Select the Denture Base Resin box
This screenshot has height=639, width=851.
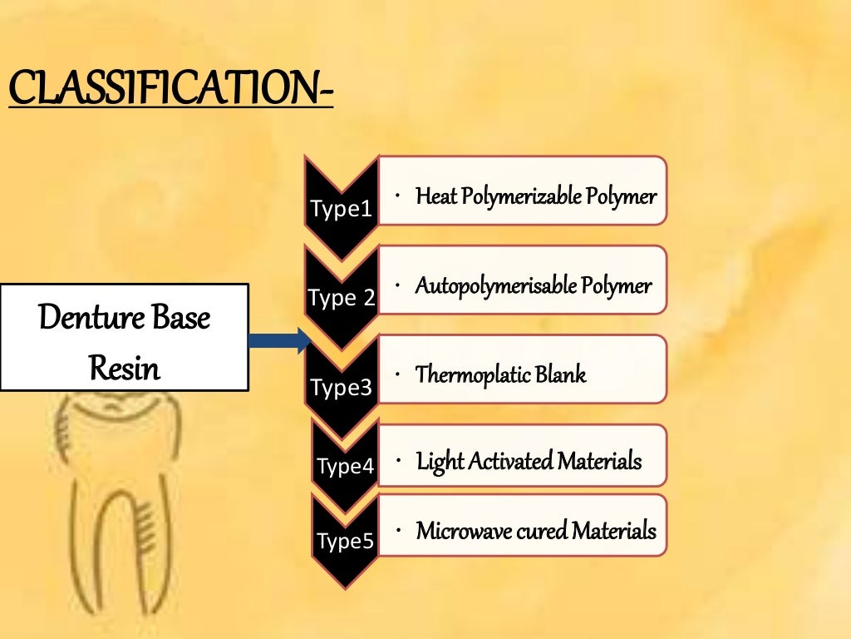[x=125, y=337]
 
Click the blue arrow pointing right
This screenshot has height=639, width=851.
[x=279, y=339]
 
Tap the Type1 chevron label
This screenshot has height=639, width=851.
[x=342, y=208]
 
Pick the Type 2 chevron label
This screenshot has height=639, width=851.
[x=342, y=297]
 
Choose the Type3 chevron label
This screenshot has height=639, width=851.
[x=342, y=387]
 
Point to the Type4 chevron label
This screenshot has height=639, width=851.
[x=345, y=466]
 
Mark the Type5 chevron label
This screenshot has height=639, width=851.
[x=345, y=542]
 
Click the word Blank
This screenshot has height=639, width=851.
[x=561, y=375]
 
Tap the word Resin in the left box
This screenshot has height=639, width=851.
[x=125, y=367]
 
